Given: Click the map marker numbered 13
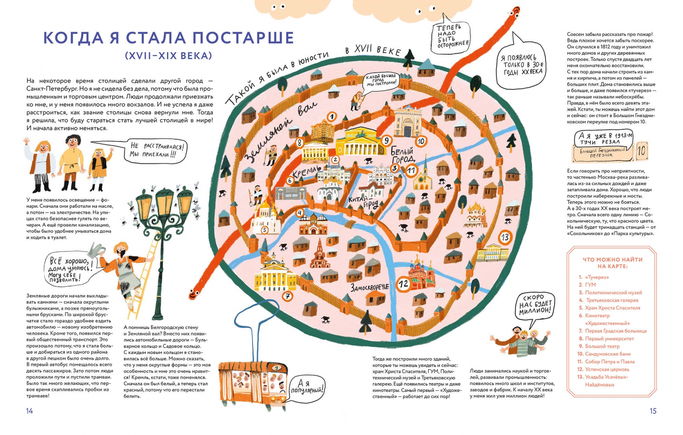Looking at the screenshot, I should [x=505, y=237].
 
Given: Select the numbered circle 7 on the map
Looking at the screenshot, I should [x=287, y=296].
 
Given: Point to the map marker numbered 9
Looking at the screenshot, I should [x=386, y=140].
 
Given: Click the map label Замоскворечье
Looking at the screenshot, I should [x=369, y=288].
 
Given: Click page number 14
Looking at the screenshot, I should [x=29, y=411].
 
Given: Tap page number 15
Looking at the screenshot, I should [x=653, y=411].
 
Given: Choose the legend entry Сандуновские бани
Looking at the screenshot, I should [x=607, y=354].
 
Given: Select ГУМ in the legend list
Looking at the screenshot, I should [x=590, y=285].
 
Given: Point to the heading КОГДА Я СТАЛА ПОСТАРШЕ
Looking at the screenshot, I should [x=169, y=38].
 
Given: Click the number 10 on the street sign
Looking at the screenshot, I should [x=641, y=151].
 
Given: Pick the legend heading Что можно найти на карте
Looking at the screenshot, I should [x=612, y=263].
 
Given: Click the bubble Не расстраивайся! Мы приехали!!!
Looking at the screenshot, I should [x=157, y=150].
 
